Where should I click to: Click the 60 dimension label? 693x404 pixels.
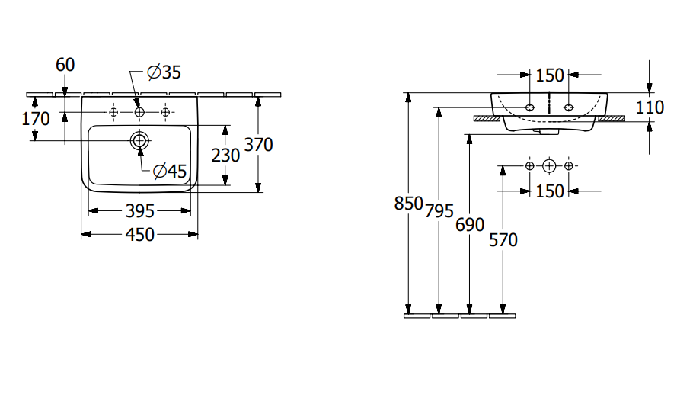tap(65, 65)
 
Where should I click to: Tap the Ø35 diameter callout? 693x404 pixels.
tap(164, 72)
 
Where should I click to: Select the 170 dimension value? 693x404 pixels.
tap(36, 119)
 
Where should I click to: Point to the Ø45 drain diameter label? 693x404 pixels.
tap(169, 172)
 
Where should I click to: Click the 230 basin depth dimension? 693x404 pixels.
tap(225, 155)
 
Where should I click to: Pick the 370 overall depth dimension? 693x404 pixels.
tap(258, 145)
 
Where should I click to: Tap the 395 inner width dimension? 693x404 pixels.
tap(139, 210)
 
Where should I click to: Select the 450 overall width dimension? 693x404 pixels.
tap(139, 234)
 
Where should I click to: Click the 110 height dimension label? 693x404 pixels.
tap(650, 107)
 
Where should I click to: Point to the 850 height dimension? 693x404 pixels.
tap(409, 204)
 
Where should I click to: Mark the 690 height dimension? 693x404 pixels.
tap(470, 225)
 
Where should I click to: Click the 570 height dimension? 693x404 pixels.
tap(502, 239)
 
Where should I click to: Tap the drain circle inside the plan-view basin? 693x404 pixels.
tap(139, 140)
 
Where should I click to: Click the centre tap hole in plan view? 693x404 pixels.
tap(139, 113)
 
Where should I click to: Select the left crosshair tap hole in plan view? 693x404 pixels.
tap(113, 113)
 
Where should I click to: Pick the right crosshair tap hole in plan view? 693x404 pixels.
tap(165, 113)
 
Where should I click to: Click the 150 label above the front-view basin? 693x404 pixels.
tap(550, 75)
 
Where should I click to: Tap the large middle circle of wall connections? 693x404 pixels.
tap(550, 165)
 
